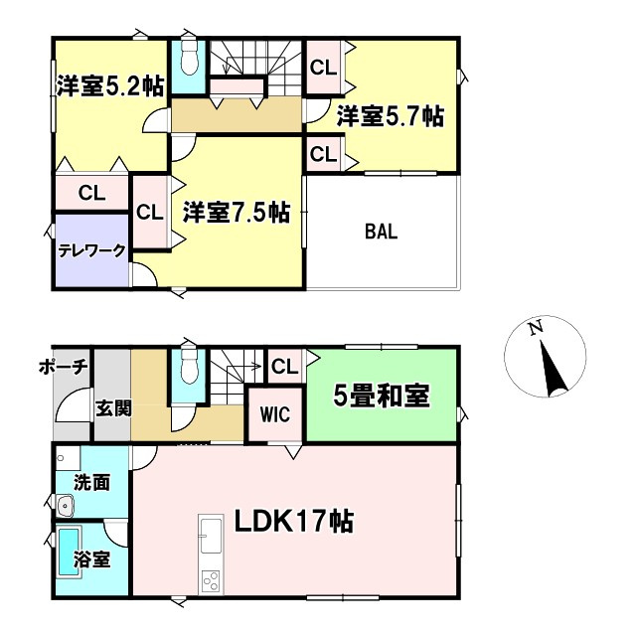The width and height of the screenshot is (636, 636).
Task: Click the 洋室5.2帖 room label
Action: [x=109, y=87]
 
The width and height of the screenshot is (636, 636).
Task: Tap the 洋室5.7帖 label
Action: [x=389, y=116]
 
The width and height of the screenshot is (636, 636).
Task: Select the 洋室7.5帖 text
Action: [x=236, y=212]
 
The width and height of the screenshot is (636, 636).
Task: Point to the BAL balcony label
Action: [x=381, y=232]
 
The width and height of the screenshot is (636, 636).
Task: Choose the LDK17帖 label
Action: [x=295, y=521]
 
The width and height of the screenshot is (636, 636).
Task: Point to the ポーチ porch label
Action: [x=66, y=367]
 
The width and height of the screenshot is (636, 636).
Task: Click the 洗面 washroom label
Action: [x=92, y=484]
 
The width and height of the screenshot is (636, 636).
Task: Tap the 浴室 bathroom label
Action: [x=92, y=560]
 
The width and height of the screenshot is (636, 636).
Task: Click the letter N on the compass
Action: [x=535, y=328]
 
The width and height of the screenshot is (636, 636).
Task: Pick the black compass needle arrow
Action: [x=550, y=369]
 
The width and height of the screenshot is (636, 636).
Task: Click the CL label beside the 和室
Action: [x=284, y=367]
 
